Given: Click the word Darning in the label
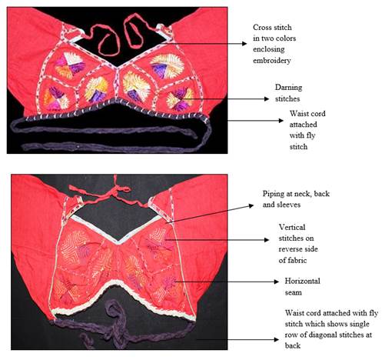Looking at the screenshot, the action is click(x=288, y=88).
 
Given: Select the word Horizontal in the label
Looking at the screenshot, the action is click(x=302, y=281).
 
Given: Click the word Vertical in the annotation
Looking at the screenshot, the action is click(x=292, y=227).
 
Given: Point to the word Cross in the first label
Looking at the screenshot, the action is click(x=261, y=27).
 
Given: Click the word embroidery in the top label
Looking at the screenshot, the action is click(x=272, y=61).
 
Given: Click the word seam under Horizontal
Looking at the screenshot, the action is click(x=294, y=292).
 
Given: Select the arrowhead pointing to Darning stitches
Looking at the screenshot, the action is click(x=267, y=98).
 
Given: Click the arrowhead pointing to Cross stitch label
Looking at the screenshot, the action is click(x=244, y=44).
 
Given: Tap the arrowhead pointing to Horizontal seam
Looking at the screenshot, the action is click(x=276, y=282).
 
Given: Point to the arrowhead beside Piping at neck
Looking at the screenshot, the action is click(x=251, y=205).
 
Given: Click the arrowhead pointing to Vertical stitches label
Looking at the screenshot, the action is click(x=267, y=240).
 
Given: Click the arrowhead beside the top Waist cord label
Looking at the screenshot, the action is click(x=281, y=121).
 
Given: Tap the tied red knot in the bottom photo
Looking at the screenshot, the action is click(x=116, y=190).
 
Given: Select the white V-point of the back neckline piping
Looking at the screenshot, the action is click(x=118, y=242).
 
